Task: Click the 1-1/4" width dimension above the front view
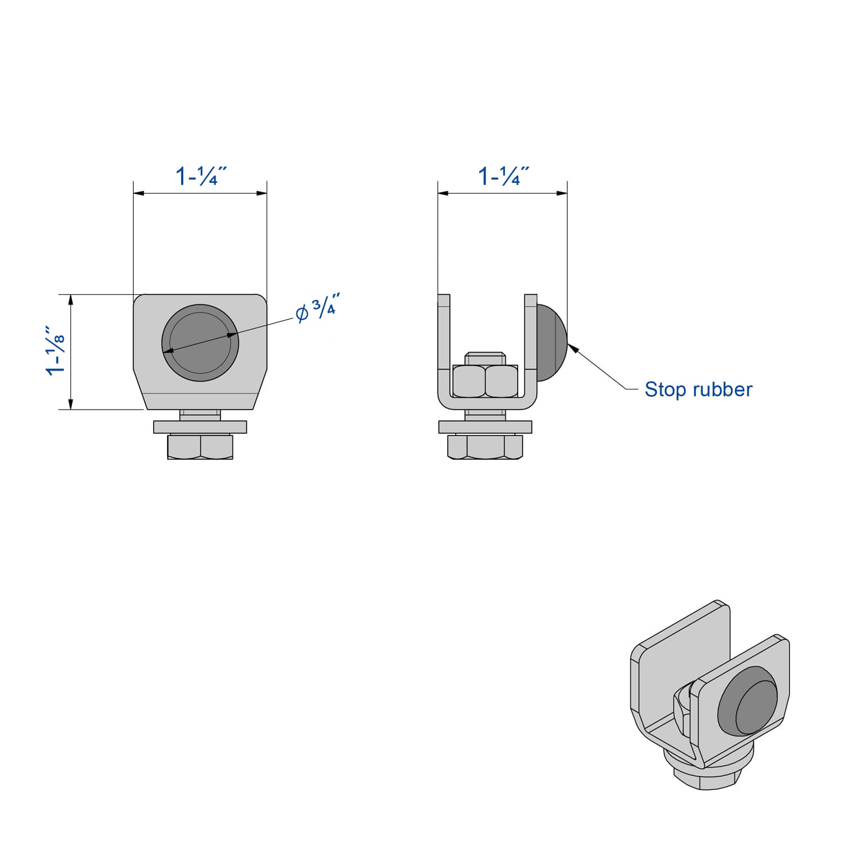[200, 176]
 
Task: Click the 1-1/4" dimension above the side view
[503, 176]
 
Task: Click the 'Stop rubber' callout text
[698, 389]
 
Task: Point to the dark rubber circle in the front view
[200, 343]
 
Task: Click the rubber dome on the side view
[550, 343]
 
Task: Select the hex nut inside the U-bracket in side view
[485, 381]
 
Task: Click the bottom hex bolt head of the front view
[200, 447]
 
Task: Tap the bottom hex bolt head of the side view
[485, 447]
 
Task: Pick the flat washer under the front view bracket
[200, 427]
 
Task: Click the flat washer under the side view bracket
[485, 427]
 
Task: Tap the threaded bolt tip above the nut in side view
[485, 358]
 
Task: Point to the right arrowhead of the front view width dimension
[262, 193]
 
